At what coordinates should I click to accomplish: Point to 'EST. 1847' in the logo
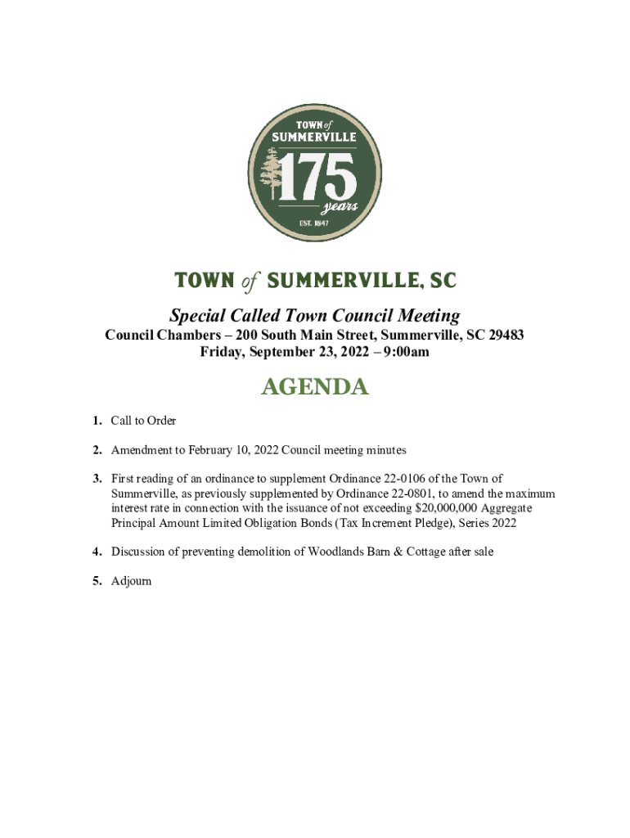314,223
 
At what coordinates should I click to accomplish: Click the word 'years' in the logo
338,206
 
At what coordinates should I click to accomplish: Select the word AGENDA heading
314,387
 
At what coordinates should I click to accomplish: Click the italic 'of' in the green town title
250,282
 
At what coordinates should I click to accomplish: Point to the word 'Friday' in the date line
223,352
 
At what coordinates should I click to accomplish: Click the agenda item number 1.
97,421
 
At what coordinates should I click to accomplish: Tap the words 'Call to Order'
143,421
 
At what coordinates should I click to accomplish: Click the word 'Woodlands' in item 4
336,552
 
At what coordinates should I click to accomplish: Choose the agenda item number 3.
97,479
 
